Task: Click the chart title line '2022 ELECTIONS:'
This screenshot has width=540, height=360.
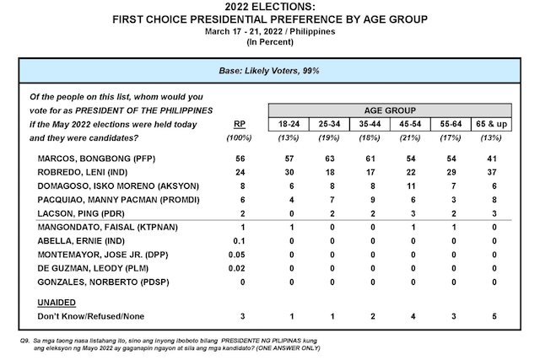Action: pyautogui.click(x=270, y=7)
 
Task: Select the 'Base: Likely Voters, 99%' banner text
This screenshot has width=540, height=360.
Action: pyautogui.click(x=269, y=71)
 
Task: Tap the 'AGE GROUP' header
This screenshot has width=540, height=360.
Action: pyautogui.click(x=390, y=110)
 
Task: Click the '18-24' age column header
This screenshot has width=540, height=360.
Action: pyautogui.click(x=289, y=124)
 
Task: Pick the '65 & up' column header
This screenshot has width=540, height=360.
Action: pyautogui.click(x=491, y=124)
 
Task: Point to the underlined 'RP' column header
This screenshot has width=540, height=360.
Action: pyautogui.click(x=240, y=124)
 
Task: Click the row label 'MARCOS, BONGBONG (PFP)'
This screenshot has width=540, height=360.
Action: pyautogui.click(x=96, y=159)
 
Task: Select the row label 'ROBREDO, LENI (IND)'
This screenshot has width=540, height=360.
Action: pyautogui.click(x=83, y=173)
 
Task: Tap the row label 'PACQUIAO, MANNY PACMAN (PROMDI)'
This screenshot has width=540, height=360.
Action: pyautogui.click(x=118, y=200)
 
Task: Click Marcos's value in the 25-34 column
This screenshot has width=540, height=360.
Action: pyautogui.click(x=330, y=159)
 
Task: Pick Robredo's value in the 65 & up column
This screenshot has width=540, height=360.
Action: pyautogui.click(x=491, y=173)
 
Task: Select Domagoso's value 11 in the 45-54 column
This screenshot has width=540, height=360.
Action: pyautogui.click(x=411, y=186)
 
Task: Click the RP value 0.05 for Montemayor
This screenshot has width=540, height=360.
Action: pyautogui.click(x=237, y=255)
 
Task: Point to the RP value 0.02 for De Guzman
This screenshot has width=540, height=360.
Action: pyautogui.click(x=237, y=268)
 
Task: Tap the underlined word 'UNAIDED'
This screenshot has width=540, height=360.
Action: pyautogui.click(x=57, y=303)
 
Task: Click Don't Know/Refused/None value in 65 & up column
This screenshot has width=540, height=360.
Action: pyautogui.click(x=494, y=316)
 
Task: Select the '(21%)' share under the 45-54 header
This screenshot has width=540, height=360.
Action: pyautogui.click(x=410, y=138)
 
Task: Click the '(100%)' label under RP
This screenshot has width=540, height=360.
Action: pyautogui.click(x=239, y=138)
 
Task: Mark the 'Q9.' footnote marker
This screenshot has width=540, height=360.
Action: pyautogui.click(x=24, y=341)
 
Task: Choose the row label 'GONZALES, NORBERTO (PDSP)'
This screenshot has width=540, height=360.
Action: pyautogui.click(x=103, y=282)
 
